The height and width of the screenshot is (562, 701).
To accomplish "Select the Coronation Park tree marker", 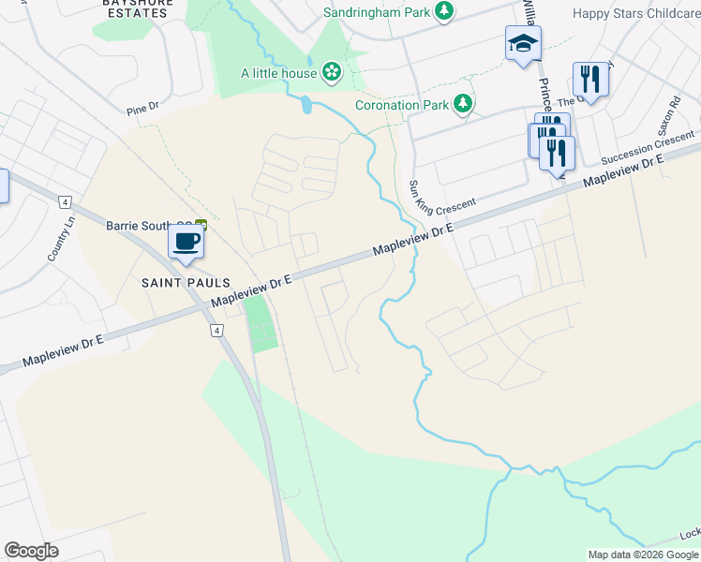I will click(x=463, y=104).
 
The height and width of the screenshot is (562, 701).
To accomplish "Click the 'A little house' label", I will click(x=278, y=72).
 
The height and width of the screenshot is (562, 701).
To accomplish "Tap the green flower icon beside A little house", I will click(x=331, y=72).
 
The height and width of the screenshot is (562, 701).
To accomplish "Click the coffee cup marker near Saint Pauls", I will click(x=185, y=243).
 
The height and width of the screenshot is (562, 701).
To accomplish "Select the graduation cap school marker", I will click(x=522, y=43).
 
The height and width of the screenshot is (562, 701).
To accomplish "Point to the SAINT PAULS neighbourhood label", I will click(x=175, y=282).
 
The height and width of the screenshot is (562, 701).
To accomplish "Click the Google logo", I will click(x=31, y=551).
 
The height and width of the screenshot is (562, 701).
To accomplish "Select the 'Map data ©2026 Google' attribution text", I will click(x=643, y=555).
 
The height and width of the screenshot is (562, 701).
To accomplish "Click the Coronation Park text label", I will click(x=402, y=105).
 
